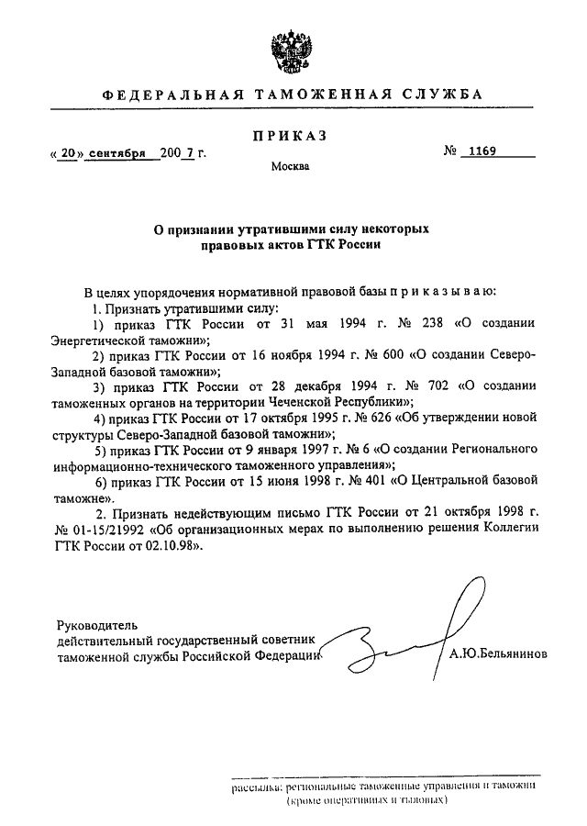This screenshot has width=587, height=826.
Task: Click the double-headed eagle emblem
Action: (x=292, y=47)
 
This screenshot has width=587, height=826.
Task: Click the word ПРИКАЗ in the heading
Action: (x=290, y=137)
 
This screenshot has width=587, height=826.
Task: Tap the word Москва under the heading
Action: (x=290, y=167)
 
